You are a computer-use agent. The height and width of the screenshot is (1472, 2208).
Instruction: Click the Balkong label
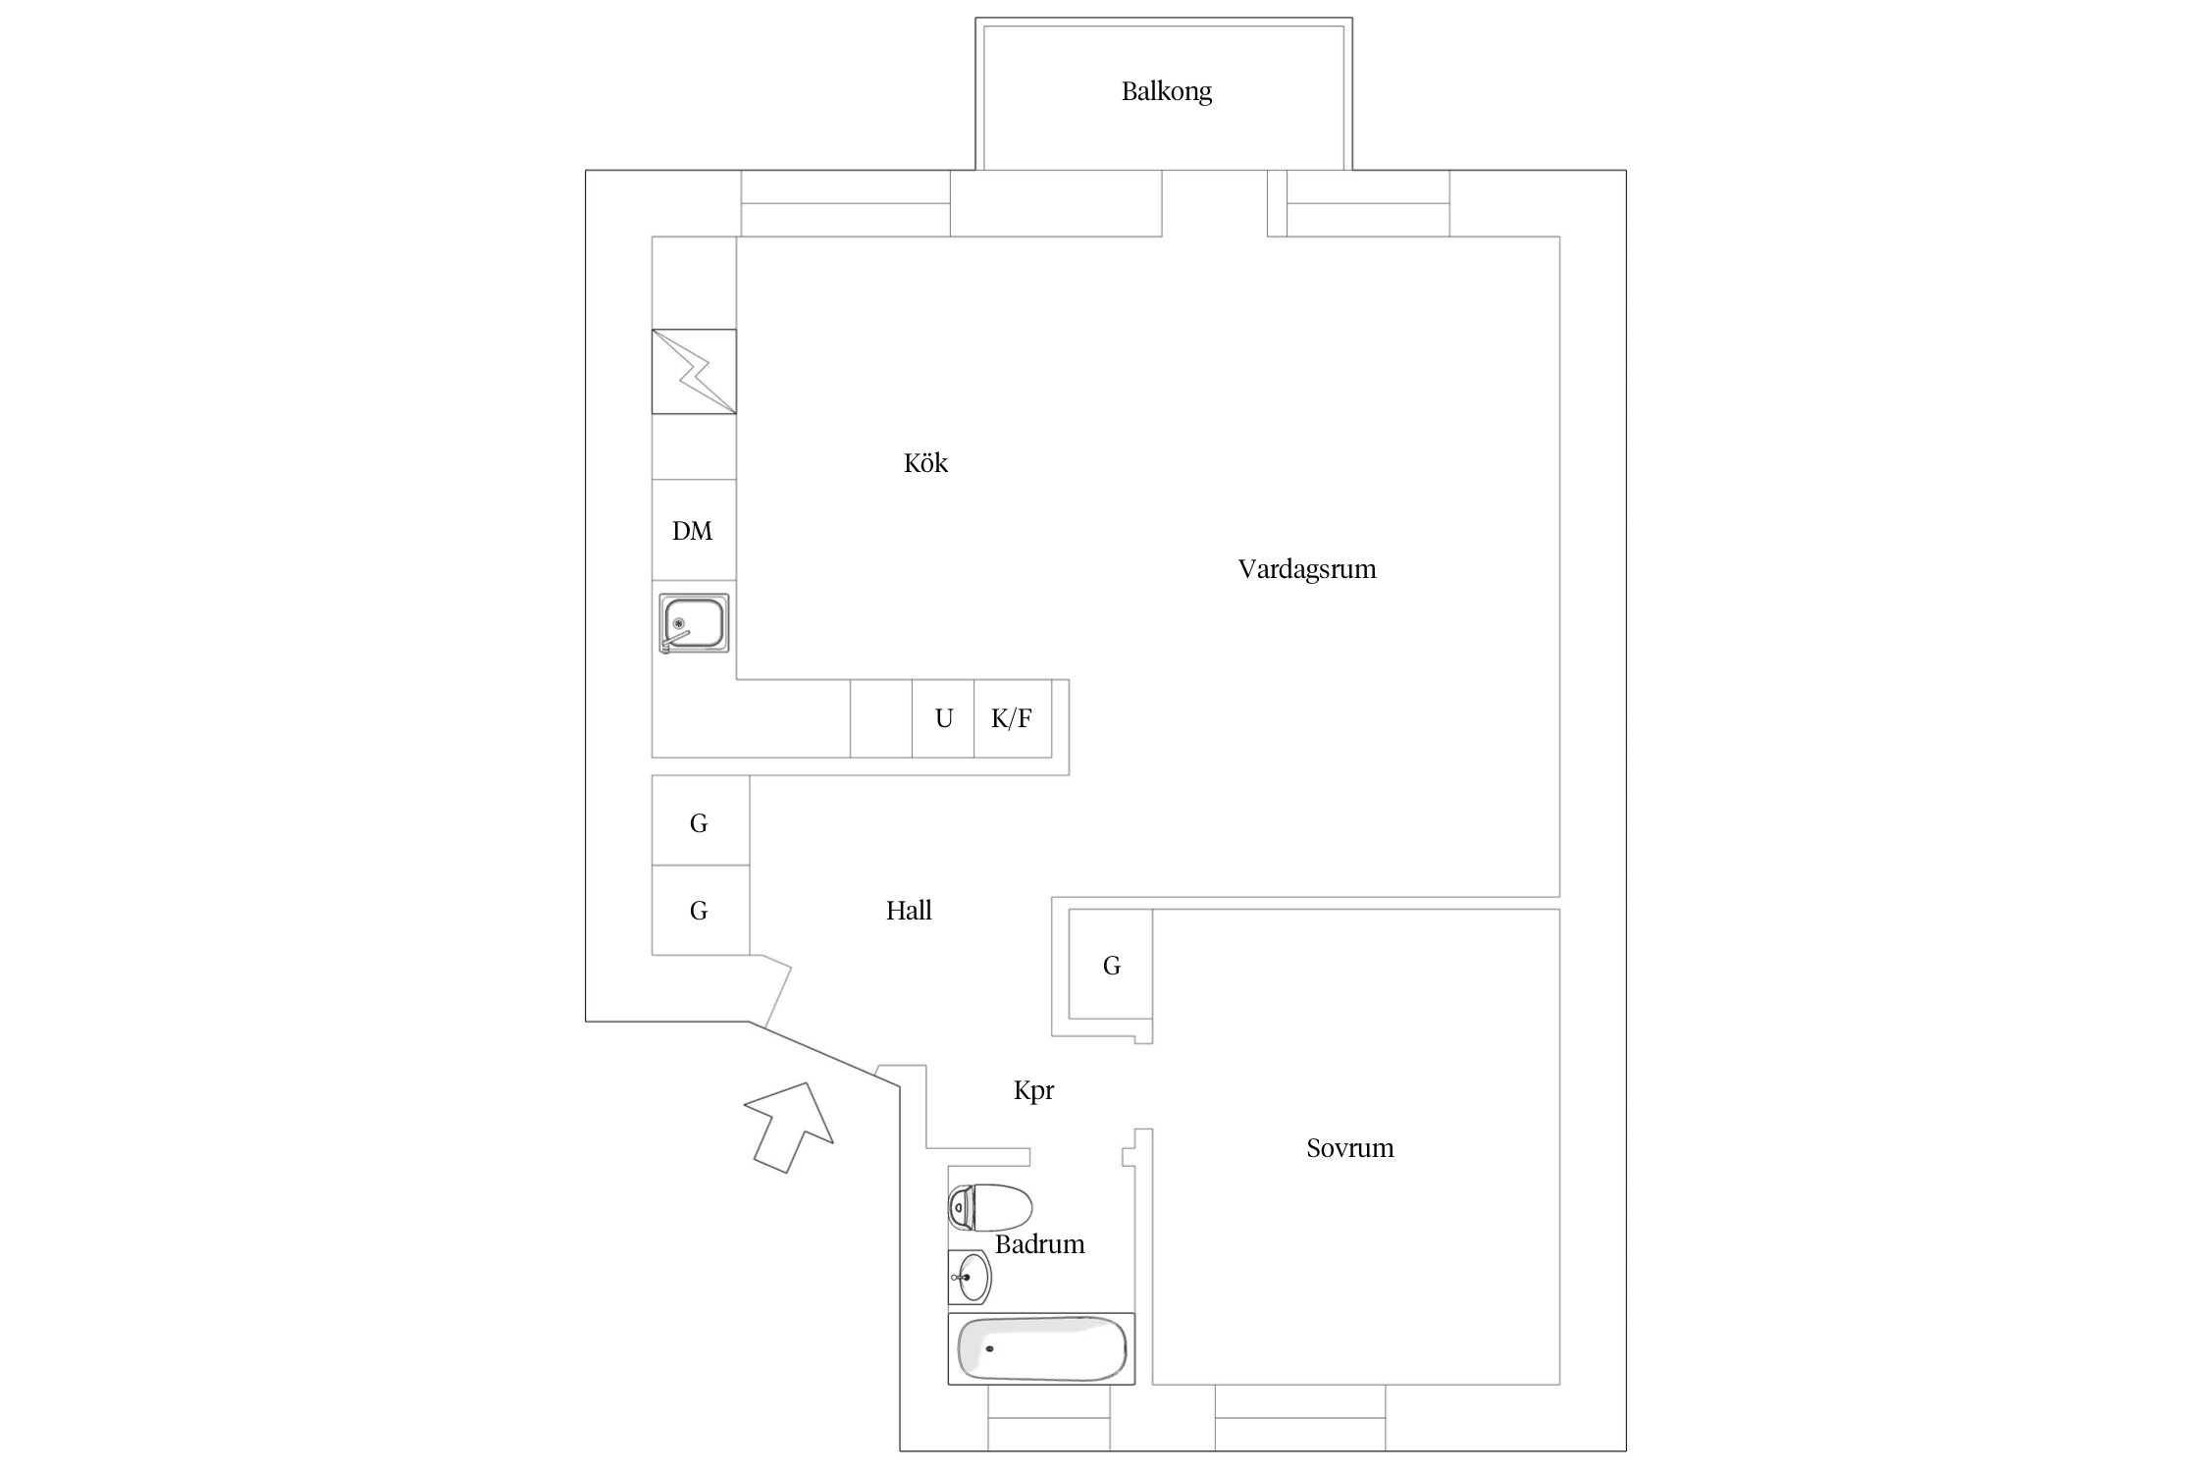pyautogui.click(x=1166, y=92)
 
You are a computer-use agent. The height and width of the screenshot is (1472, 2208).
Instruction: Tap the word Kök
pyautogui.click(x=925, y=463)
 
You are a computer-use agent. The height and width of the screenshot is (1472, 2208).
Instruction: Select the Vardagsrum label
pyautogui.click(x=1306, y=570)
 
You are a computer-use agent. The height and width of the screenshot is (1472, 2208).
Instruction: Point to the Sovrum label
pyautogui.click(x=1349, y=1148)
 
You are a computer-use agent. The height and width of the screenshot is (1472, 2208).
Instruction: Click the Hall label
pyautogui.click(x=909, y=911)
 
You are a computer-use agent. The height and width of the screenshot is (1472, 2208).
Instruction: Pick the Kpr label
pyautogui.click(x=1033, y=1091)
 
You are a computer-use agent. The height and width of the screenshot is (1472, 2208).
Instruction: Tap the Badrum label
pyautogui.click(x=1039, y=1244)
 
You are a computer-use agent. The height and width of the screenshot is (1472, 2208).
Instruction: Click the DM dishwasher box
pyautogui.click(x=694, y=530)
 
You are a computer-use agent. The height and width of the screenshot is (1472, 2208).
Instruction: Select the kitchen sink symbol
pyautogui.click(x=694, y=623)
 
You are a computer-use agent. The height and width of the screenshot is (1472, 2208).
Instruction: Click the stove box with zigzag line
pyautogui.click(x=694, y=371)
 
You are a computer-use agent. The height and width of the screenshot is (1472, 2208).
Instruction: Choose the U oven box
pyautogui.click(x=943, y=718)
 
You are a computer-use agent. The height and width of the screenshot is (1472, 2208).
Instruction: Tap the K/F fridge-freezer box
pyautogui.click(x=1013, y=718)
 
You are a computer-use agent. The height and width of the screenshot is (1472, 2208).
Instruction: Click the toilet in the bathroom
pyautogui.click(x=990, y=1207)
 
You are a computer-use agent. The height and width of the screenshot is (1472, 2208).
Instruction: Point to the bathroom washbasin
pyautogui.click(x=970, y=1278)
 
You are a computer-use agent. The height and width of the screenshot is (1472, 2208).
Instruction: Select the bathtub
pyautogui.click(x=1041, y=1349)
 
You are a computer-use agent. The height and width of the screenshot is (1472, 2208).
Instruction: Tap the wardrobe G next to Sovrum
pyautogui.click(x=1111, y=965)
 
